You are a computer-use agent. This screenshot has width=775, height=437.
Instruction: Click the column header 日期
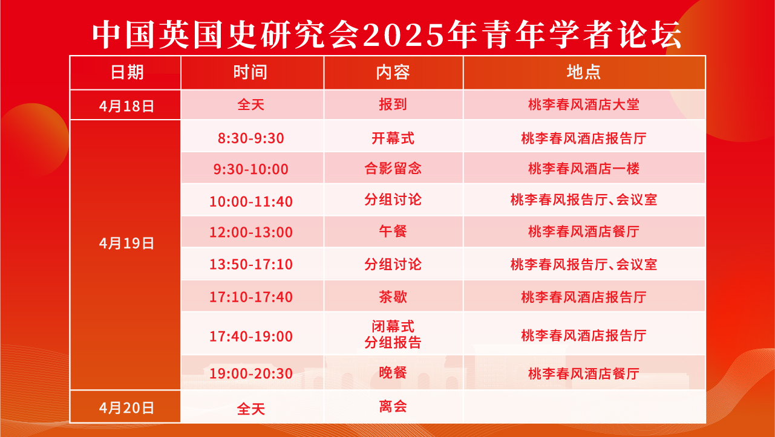point(127,73)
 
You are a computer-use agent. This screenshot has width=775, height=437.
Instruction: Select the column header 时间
point(250,73)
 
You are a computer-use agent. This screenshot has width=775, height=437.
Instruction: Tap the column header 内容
point(393,73)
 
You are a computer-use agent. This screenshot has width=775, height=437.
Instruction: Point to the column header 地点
point(584,73)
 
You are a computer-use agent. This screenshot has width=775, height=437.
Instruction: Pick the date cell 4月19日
point(126,244)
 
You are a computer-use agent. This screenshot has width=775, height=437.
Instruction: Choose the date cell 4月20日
point(126,408)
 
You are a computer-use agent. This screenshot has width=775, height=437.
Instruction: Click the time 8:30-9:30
point(251,138)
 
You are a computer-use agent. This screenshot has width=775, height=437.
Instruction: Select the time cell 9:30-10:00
point(251,169)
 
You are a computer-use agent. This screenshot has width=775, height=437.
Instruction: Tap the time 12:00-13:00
point(251,232)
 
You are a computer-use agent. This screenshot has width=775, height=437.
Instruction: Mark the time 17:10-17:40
point(251,297)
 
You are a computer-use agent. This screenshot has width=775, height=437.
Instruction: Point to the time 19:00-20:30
point(251,374)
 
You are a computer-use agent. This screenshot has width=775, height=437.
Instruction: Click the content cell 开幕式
point(393,138)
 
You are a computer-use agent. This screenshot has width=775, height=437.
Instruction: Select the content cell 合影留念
point(393,169)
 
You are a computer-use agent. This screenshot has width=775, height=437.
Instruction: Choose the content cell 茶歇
point(393,297)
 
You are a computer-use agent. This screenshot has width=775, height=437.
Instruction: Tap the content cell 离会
point(393,406)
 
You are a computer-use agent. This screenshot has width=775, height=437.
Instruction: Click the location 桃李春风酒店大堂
point(584,105)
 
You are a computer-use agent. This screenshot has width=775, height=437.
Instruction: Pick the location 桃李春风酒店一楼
point(584,169)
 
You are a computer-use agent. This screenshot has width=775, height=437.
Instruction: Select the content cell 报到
point(393,105)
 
